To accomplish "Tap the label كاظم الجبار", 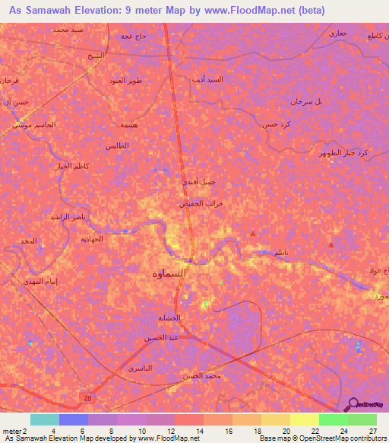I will click(72, 165).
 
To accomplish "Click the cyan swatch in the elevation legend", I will click(44, 419).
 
